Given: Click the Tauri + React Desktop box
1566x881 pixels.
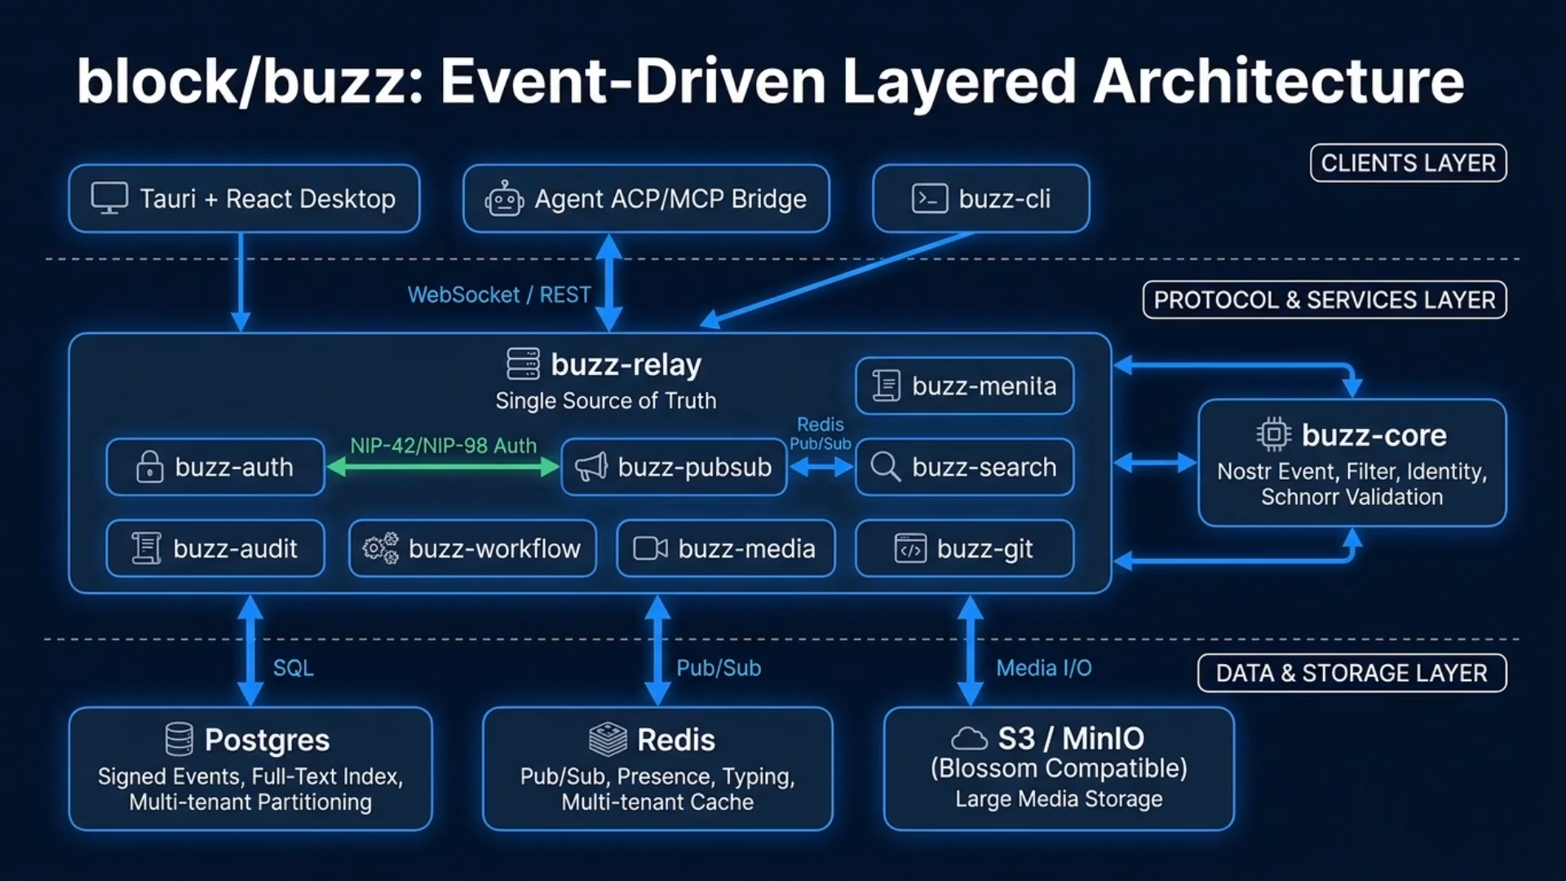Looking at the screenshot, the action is pos(244,198).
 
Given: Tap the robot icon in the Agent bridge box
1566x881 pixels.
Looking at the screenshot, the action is pos(504,199).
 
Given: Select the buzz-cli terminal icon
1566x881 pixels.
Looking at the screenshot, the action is pos(929,198).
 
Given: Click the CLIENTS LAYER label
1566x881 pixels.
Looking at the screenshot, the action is pos(1408,163).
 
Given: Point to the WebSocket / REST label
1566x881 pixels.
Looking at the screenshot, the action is pos(499,294).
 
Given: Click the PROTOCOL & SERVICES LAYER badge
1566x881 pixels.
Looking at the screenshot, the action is pos(1325,299).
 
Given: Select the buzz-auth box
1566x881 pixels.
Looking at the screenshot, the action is pos(215,467).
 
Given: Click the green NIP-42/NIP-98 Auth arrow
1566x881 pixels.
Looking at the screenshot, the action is pos(443,467).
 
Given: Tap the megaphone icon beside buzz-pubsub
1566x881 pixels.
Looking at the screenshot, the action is pos(591,467).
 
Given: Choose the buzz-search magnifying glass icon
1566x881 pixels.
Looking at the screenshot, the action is pos(885,467).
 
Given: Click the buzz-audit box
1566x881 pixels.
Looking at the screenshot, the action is pos(215,548).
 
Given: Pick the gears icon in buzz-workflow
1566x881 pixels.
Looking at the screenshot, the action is pos(381,548).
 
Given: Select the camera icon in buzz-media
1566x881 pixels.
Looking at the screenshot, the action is pos(651,548).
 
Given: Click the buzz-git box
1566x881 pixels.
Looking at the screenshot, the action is pos(964,548).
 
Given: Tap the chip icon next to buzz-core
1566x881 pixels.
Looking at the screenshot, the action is pos(1274,434).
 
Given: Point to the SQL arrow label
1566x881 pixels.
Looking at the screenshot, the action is pos(293,668).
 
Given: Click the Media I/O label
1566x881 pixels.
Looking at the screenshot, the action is pos(1044,668).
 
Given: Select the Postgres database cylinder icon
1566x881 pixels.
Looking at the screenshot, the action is pos(179,739).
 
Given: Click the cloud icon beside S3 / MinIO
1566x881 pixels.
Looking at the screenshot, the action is pos(969,738).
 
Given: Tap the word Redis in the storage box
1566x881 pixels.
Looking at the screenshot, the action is pos(676,740).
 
